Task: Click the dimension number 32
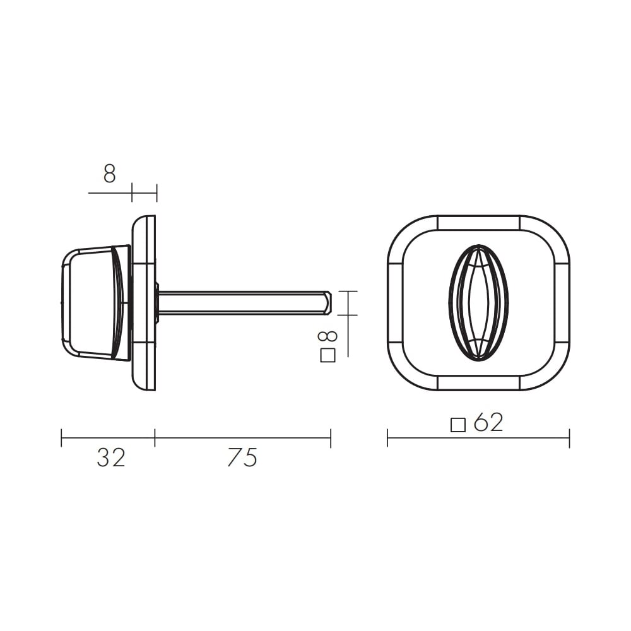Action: (111, 457)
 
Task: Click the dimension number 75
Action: (242, 457)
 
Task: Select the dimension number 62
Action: (488, 423)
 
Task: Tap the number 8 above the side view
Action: (109, 174)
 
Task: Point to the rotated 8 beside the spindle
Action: (327, 338)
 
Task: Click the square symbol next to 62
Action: (458, 425)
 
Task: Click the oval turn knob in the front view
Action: (478, 302)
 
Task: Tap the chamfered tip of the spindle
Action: (327, 302)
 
